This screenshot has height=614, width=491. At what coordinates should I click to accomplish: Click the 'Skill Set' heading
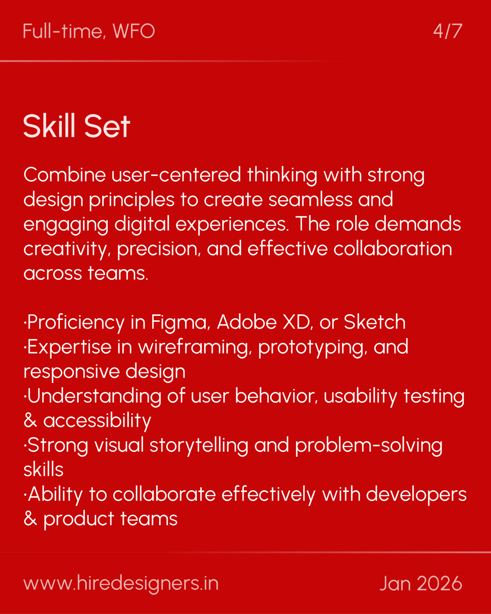click(77, 126)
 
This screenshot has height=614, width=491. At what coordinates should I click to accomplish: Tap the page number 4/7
click(447, 31)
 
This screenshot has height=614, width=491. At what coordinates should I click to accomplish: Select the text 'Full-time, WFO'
click(89, 31)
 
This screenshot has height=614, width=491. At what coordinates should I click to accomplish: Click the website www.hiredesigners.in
click(121, 583)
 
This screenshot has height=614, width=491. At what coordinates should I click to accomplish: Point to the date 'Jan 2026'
click(421, 583)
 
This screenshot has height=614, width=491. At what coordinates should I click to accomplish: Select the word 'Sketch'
click(374, 322)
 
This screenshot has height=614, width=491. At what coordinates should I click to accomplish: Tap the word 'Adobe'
click(247, 322)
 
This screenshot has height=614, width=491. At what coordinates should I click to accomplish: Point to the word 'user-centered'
click(176, 175)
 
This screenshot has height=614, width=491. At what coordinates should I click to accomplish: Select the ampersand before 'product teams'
click(30, 519)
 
